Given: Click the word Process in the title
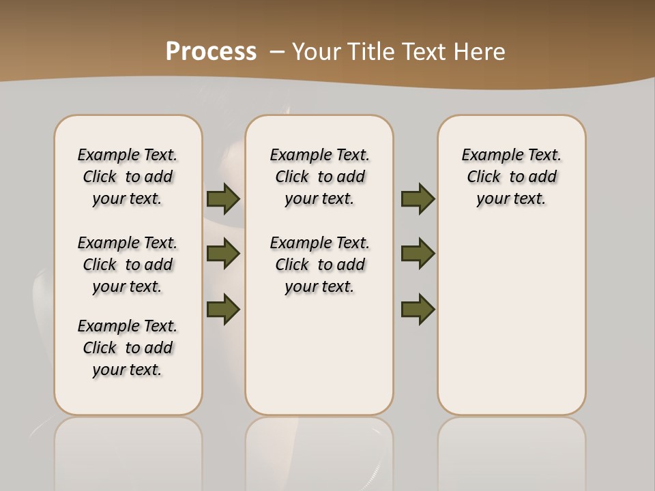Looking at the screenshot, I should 211,52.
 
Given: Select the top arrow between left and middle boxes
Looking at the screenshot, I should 223,199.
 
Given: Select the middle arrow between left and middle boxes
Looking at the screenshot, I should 223,254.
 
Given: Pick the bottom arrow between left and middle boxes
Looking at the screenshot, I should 223,309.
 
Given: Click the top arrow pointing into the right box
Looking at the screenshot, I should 418,199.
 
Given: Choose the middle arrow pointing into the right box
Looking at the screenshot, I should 418,254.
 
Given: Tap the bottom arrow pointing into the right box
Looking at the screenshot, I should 418,309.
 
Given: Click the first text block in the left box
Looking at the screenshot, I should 128,177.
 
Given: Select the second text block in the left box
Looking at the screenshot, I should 128,265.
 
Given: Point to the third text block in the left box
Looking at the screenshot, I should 128,348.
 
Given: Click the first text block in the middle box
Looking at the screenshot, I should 320,177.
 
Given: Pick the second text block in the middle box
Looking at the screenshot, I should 320,265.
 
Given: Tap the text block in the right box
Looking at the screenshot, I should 512,177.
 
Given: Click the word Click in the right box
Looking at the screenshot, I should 484,177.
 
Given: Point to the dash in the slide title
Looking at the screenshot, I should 277,52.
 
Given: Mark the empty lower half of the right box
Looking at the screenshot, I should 512,327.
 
